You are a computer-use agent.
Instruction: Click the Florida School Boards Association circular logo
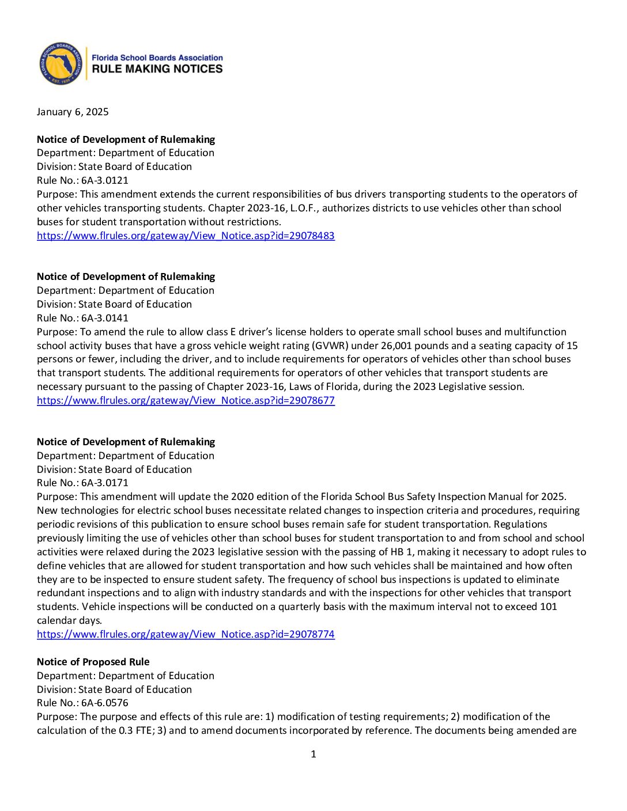(61, 63)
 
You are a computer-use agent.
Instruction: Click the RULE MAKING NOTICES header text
(157, 69)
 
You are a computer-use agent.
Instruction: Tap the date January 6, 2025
(73, 112)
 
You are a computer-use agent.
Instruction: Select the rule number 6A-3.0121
(105, 180)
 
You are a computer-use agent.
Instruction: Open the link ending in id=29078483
(186, 236)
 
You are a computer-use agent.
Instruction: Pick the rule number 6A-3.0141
(105, 318)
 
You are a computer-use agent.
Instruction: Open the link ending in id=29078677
(186, 400)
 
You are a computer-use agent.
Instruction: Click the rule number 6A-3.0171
(105, 483)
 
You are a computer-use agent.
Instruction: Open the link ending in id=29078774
(186, 634)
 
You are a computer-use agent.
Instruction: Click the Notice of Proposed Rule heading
(93, 662)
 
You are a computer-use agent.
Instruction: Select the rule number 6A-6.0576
(105, 703)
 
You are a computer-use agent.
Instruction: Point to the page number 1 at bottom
(313, 754)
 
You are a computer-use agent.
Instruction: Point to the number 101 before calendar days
(548, 607)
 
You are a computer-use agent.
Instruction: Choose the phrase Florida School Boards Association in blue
(157, 58)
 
